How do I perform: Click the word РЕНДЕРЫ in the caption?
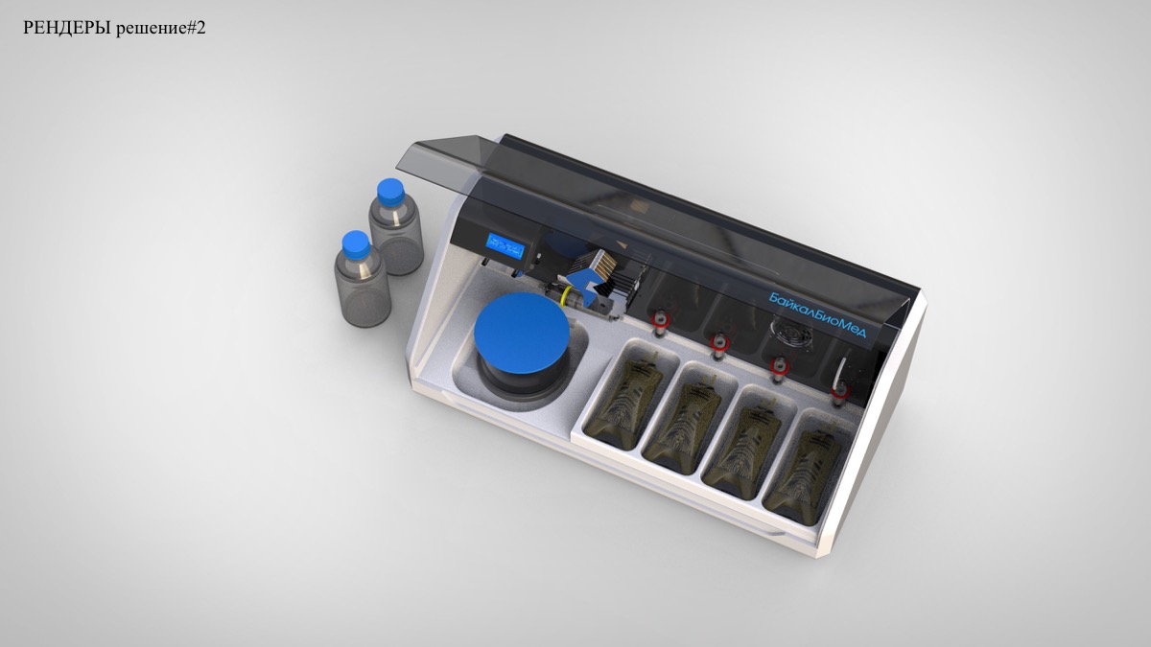tap(67, 28)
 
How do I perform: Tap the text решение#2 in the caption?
tap(161, 29)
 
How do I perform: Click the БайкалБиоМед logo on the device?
tap(817, 314)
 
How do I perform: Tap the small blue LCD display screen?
tap(506, 246)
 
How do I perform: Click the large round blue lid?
tap(522, 333)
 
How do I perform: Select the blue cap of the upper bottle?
tap(389, 190)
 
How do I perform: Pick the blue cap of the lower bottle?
tap(356, 243)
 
